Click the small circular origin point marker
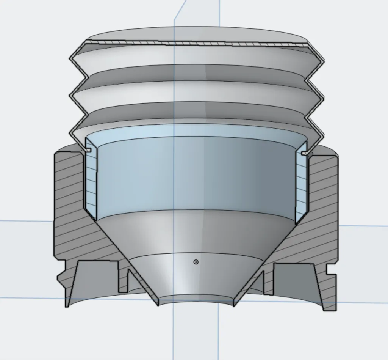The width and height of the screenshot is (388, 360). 196,262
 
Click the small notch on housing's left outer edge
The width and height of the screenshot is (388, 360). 59,277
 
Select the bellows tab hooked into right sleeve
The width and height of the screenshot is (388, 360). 304,153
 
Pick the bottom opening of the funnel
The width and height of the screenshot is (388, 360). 196,300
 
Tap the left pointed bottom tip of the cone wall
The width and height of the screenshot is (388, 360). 158,304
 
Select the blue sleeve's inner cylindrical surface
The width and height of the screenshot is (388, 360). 196,174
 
